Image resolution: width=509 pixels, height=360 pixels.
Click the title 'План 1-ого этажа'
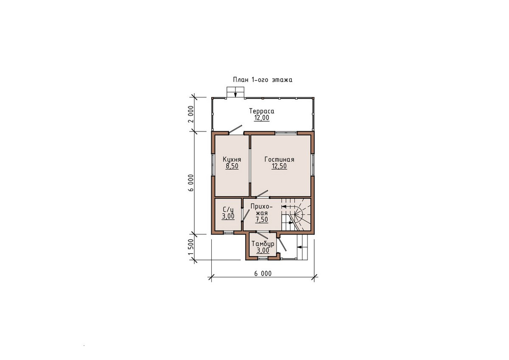tap(263, 80)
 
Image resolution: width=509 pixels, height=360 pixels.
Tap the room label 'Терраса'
tap(262, 111)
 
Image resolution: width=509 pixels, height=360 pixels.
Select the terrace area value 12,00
tap(262, 117)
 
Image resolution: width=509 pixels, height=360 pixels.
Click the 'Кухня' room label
tap(232, 160)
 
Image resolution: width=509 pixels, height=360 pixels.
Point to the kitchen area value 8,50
tap(232, 166)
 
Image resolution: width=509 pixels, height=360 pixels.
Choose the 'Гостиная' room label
tap(279, 159)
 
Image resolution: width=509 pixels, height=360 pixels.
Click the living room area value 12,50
tap(279, 166)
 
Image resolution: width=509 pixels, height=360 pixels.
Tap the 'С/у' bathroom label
tap(228, 209)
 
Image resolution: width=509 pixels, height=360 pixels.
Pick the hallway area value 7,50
tap(262, 220)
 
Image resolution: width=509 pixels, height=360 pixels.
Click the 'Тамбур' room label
tap(263, 244)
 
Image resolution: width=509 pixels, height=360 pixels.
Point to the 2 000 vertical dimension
tap(191, 114)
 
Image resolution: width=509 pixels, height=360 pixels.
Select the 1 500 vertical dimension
tap(191, 250)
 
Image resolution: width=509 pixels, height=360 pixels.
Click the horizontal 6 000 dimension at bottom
tap(263, 273)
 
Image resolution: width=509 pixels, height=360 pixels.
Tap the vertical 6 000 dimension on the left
tap(191, 183)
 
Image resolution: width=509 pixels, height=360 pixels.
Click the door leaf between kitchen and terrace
tap(235, 129)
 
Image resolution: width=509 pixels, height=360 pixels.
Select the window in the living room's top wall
tap(286, 133)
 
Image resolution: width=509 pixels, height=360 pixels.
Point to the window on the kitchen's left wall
tap(213, 165)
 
